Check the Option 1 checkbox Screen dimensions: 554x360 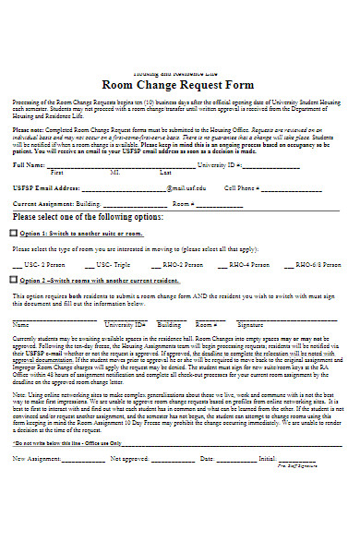click(x=13, y=234)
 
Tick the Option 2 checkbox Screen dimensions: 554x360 click(x=13, y=279)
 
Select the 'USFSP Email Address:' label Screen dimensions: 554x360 click(x=45, y=187)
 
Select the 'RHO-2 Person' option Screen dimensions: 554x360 click(x=182, y=264)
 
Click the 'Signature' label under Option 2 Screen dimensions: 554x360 click(x=250, y=325)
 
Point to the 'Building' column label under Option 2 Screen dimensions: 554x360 click(x=169, y=325)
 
